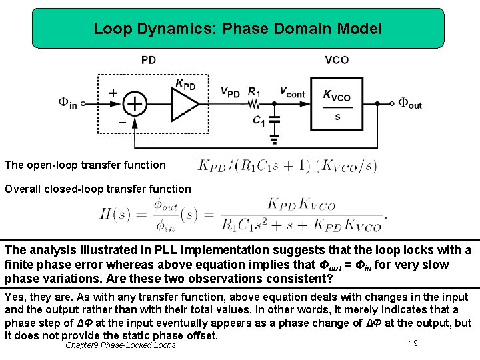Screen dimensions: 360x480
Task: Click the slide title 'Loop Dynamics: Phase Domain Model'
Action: tap(238, 29)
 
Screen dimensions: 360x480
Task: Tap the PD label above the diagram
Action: tap(149, 60)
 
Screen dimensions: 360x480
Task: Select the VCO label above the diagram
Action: tap(337, 60)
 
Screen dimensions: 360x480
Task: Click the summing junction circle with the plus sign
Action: tap(135, 103)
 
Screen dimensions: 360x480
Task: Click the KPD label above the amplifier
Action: tap(185, 84)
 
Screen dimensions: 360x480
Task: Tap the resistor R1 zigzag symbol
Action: tap(254, 103)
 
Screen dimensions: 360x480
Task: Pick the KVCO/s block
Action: tap(337, 104)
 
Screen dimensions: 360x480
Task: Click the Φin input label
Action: tap(67, 103)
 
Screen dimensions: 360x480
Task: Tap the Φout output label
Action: tap(410, 103)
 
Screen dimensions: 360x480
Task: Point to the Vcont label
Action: tap(292, 92)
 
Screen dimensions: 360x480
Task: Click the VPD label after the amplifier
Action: tap(229, 92)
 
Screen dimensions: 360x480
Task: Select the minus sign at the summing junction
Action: tap(121, 123)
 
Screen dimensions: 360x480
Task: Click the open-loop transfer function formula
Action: tap(285, 165)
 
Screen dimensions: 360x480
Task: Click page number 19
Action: tap(413, 342)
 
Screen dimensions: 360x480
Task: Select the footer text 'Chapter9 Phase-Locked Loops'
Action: tap(121, 345)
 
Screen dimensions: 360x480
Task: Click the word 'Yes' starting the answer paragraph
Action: tap(15, 297)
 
